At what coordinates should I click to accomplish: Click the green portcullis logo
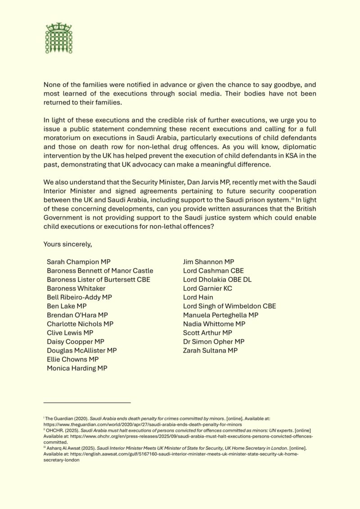click(59, 38)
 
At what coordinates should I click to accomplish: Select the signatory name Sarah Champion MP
click(79, 261)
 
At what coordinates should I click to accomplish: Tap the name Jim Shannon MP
click(208, 261)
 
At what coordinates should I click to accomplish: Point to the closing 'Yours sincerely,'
click(67, 244)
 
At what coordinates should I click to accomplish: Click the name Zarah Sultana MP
click(210, 350)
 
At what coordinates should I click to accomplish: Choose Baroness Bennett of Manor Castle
click(100, 270)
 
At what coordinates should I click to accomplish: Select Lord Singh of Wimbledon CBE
click(229, 306)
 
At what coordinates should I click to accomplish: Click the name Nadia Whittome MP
click(214, 324)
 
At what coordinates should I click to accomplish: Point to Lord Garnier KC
click(207, 288)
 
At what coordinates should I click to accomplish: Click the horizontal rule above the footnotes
click(87, 402)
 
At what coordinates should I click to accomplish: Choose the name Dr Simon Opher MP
click(214, 342)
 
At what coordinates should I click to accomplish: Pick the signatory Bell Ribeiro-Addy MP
click(79, 297)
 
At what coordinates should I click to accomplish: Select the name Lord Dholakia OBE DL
click(217, 279)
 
